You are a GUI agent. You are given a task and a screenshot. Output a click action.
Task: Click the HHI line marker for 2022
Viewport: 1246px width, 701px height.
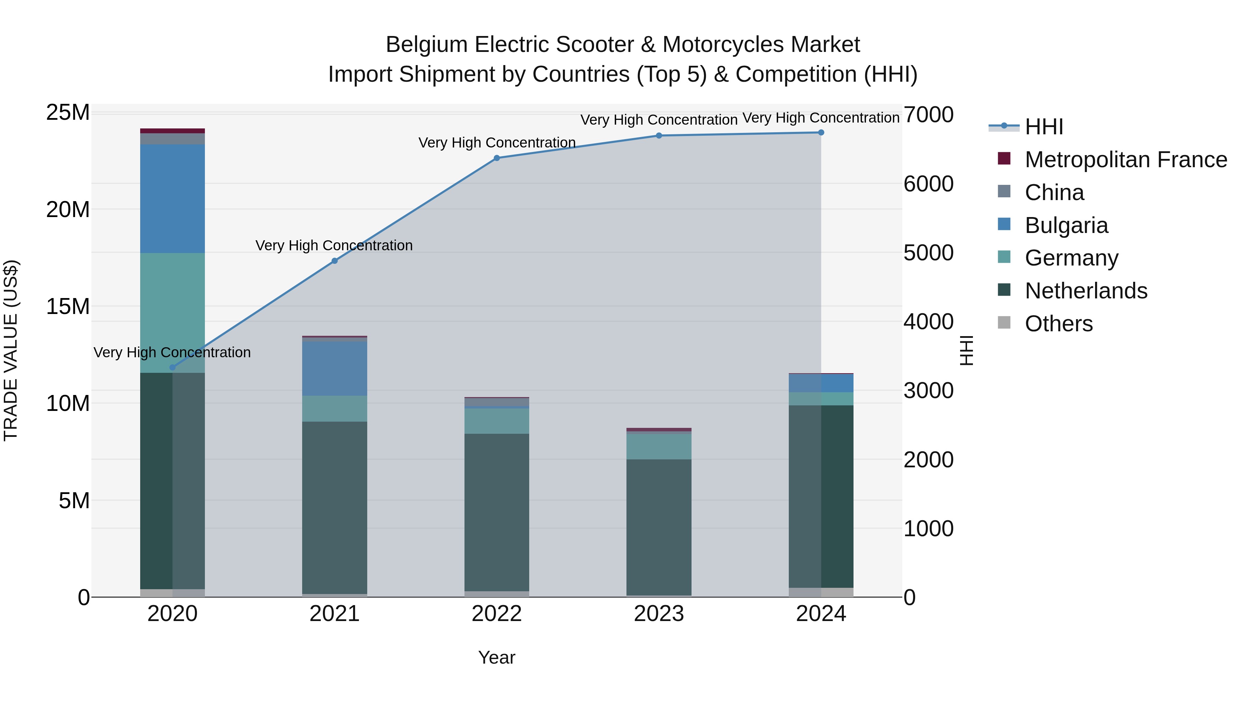coord(496,158)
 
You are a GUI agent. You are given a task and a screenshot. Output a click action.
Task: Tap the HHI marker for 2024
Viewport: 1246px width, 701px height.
coord(821,133)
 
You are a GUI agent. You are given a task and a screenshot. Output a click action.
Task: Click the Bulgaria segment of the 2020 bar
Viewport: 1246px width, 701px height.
coord(172,198)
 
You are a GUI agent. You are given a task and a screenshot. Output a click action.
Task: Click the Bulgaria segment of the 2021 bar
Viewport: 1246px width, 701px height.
coord(334,369)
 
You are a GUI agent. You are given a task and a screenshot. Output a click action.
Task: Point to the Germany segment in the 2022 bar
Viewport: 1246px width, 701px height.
coord(496,421)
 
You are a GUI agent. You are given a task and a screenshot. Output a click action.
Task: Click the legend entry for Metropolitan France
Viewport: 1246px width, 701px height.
coord(1126,160)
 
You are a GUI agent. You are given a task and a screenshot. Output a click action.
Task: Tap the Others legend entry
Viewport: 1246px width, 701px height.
coord(1058,324)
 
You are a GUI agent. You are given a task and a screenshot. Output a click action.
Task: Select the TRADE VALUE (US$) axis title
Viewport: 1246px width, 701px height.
coord(11,350)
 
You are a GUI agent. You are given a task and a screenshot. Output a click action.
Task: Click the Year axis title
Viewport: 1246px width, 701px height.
coord(496,657)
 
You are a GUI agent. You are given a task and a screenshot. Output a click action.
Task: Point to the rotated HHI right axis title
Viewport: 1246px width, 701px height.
coord(966,350)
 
